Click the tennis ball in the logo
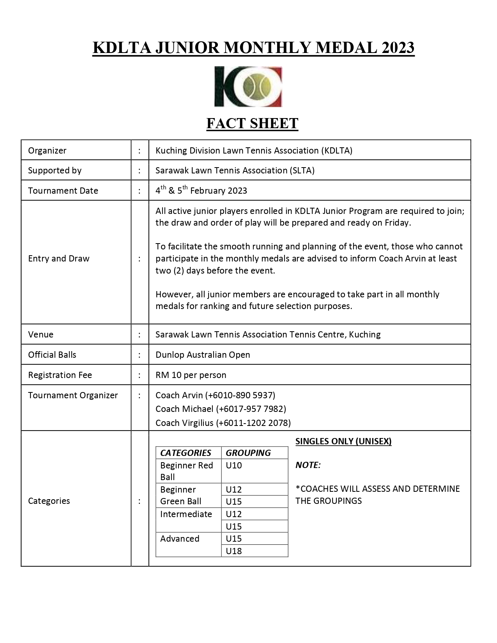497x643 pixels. (256, 87)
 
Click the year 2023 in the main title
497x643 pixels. (398, 48)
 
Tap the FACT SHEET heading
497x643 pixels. (252, 124)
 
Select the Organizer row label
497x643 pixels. (47, 150)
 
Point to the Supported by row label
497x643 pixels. (55, 170)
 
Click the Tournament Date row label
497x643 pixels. (63, 191)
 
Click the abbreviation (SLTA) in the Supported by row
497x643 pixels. (302, 170)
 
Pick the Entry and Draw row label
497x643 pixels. (58, 258)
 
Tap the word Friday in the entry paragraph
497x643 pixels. (397, 223)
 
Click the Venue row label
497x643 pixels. (41, 334)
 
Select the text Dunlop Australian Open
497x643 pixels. (203, 355)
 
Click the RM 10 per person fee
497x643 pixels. (191, 375)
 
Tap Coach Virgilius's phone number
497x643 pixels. (253, 423)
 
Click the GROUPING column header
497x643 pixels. (248, 453)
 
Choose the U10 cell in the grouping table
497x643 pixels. (234, 465)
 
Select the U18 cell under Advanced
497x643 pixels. (234, 551)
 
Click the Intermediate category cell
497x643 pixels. (186, 514)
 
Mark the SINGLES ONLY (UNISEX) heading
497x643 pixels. (343, 441)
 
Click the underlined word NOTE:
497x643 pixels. (308, 465)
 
